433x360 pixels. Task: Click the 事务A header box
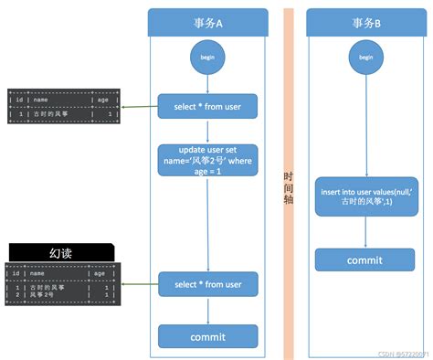[208, 22]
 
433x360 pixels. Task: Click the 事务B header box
[365, 22]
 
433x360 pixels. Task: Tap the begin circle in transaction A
[207, 58]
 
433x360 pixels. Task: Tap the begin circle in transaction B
[365, 58]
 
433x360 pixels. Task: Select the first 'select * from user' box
[207, 107]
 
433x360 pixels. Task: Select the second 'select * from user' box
[207, 284]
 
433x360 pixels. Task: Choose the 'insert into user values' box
[365, 197]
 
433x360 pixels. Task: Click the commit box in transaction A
[207, 336]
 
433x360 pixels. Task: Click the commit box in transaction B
[365, 260]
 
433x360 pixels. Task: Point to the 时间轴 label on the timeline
[289, 186]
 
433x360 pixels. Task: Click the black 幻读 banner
[58, 253]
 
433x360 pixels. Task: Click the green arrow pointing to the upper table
[139, 107]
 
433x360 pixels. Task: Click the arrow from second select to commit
[207, 311]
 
